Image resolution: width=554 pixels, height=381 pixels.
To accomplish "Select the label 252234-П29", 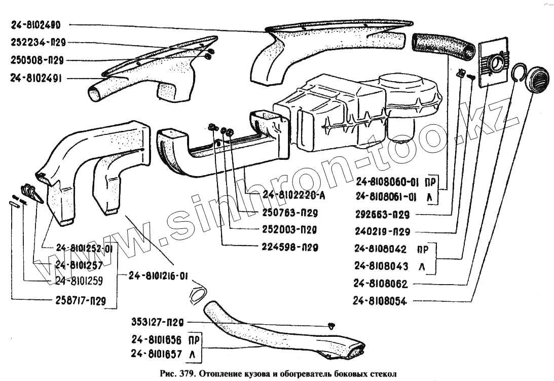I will pos(38,43).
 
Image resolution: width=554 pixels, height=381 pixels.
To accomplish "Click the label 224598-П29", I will pos(290,248).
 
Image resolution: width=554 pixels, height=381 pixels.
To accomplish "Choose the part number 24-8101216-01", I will pos(158,276).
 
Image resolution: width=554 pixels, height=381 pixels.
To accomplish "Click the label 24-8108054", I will pos(380,301).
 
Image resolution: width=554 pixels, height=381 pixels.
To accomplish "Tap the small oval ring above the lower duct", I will pos(198,293).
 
